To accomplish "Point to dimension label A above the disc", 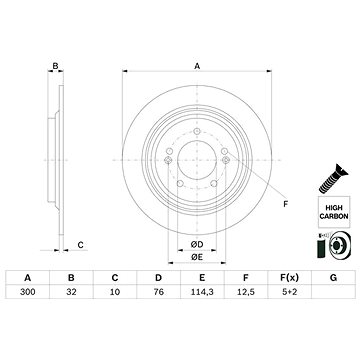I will click(197, 64).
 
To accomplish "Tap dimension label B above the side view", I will click(56, 66).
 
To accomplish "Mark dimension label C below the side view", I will click(81, 242).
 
